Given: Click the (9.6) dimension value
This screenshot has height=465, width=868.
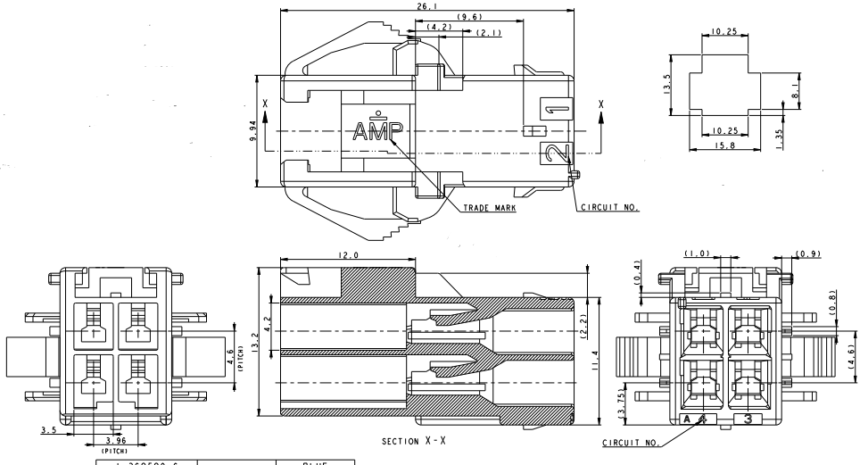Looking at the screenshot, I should click(x=469, y=18).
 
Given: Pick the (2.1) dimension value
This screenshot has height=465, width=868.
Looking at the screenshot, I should click(x=488, y=34).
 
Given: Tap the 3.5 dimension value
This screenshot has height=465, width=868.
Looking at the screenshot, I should click(x=49, y=429).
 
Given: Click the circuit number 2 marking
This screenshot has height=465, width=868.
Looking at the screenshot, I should click(x=555, y=154).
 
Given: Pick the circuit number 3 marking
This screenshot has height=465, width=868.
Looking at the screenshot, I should click(x=748, y=418).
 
